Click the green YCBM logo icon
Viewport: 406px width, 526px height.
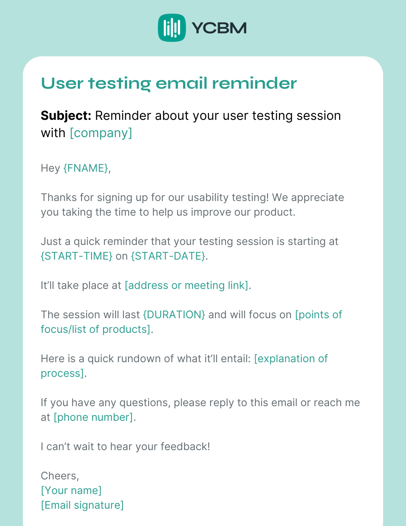tap(172, 28)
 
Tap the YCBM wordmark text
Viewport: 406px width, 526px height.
tap(219, 28)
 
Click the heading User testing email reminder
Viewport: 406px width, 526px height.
tap(169, 83)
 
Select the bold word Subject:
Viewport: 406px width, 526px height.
tap(66, 116)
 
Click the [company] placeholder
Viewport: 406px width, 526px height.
tap(101, 133)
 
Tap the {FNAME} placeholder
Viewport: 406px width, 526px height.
tap(86, 168)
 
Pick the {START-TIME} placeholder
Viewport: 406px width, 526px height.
tap(76, 256)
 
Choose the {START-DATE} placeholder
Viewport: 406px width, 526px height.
tap(168, 256)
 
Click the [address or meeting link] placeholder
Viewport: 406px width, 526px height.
tap(186, 286)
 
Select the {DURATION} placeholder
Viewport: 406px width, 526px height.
tap(174, 315)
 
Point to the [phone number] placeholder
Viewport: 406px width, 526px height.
tap(93, 417)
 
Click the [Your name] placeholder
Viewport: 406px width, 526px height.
tap(71, 491)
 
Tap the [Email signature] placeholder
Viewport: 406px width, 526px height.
tap(82, 505)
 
